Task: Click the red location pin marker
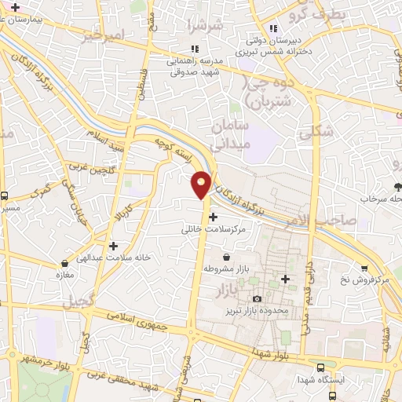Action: click(202, 183)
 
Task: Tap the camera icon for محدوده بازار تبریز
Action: click(258, 299)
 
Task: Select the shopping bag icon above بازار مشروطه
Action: click(227, 257)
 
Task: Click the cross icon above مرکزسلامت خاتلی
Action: click(214, 216)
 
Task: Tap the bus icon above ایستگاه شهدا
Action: click(320, 367)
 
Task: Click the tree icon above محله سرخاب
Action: click(398, 187)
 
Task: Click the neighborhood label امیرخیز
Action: click(103, 36)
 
